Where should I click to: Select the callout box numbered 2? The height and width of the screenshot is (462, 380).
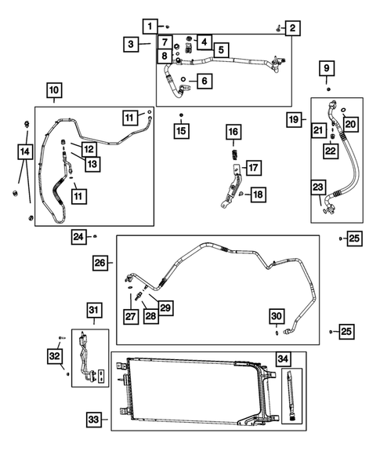tap(291, 29)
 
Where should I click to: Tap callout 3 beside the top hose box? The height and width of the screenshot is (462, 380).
tap(132, 45)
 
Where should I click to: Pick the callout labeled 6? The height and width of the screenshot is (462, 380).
tap(204, 80)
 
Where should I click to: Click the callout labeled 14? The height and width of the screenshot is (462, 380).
tap(25, 149)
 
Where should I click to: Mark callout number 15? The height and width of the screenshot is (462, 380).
tap(181, 129)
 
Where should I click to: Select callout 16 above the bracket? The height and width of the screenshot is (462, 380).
tap(233, 133)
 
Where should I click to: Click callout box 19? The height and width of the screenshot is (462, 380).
tap(293, 120)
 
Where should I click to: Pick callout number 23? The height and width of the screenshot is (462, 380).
tap(317, 187)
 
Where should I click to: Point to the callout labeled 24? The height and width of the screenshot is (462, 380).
tap(78, 236)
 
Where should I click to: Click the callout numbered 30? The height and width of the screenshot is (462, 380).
tap(277, 315)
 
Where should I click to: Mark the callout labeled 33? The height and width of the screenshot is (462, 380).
tap(93, 420)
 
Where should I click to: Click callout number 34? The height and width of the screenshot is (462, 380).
tap(283, 359)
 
